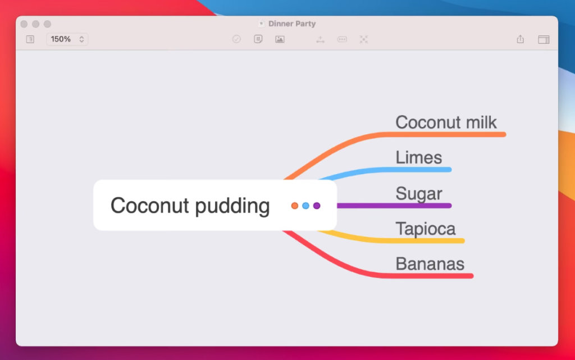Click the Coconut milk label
tap(446, 122)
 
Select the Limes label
tap(419, 158)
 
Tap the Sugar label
tap(419, 193)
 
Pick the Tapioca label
tap(426, 229)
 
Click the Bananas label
tap(430, 264)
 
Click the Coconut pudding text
tap(190, 206)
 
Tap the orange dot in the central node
tap(294, 206)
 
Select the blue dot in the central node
tap(305, 206)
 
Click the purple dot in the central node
tap(317, 206)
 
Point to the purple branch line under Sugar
tap(394, 206)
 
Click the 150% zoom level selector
tap(67, 39)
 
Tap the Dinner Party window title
tap(292, 24)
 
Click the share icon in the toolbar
tap(521, 39)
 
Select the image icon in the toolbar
tap(280, 39)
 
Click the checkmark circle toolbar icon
tap(236, 39)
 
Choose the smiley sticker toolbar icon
tap(258, 39)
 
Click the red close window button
tap(24, 24)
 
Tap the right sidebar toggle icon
tap(544, 39)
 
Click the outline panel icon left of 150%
tap(30, 39)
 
